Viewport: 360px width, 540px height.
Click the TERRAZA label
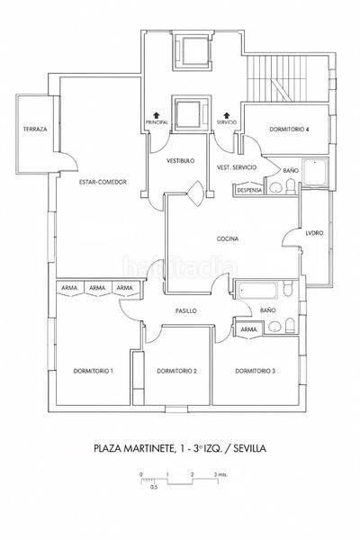35,130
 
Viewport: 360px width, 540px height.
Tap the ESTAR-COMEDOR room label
103,182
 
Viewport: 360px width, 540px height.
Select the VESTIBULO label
180,161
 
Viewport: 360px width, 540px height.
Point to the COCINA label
228,238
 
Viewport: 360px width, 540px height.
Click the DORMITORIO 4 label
289,130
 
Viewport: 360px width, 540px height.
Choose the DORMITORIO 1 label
94,371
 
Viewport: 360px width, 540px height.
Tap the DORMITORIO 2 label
176,371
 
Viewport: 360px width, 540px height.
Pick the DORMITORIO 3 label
255,371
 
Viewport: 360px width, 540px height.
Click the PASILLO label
186,311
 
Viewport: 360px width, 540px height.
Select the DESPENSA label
250,190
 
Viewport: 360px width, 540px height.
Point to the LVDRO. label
315,233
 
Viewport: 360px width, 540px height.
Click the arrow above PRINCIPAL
157,115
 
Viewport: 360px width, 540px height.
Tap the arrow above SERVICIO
227,115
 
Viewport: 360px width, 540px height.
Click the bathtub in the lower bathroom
257,291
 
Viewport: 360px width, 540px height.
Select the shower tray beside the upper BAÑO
316,172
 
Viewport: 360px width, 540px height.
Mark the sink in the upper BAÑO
275,188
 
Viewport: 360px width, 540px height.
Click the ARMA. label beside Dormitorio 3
248,329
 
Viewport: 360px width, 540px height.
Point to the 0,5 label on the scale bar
154,487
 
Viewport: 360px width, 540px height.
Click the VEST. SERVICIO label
237,167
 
